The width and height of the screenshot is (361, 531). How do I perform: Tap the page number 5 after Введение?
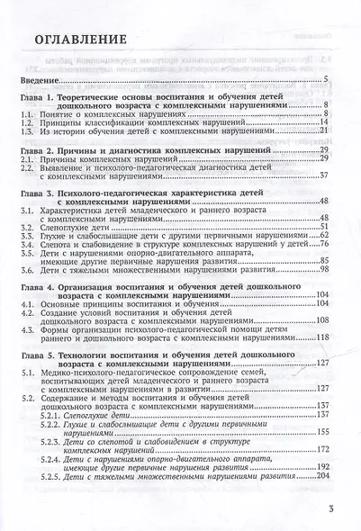(324, 80)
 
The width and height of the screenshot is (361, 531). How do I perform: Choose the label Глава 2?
(42, 148)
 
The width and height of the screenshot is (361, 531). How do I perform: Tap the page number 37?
(322, 175)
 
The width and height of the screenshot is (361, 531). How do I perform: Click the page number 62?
(322, 236)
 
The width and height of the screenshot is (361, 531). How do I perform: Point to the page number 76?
(322, 245)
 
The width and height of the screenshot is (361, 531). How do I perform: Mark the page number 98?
(322, 271)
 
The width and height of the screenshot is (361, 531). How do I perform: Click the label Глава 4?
(42, 285)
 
